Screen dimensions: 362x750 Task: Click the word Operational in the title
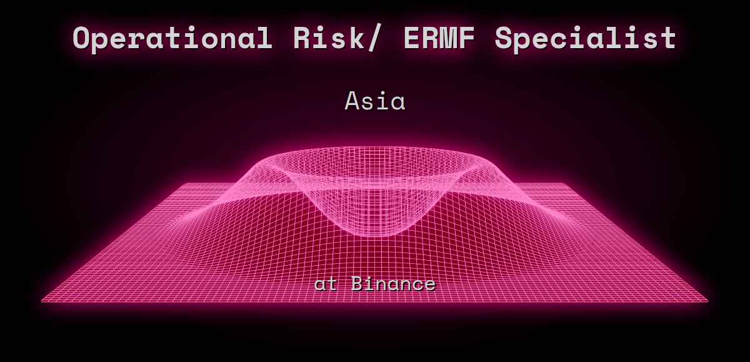coord(172,39)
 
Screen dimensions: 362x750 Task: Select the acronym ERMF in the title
coord(441,39)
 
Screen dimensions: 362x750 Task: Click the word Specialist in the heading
coord(586,39)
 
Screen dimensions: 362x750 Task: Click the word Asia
coord(375,101)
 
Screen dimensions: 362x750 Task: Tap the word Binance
coord(393,284)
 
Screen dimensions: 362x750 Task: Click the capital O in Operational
coord(83,39)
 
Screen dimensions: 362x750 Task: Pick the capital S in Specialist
coord(504,39)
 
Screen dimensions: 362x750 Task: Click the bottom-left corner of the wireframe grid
coord(42,301)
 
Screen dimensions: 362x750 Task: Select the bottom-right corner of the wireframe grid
coord(707,301)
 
